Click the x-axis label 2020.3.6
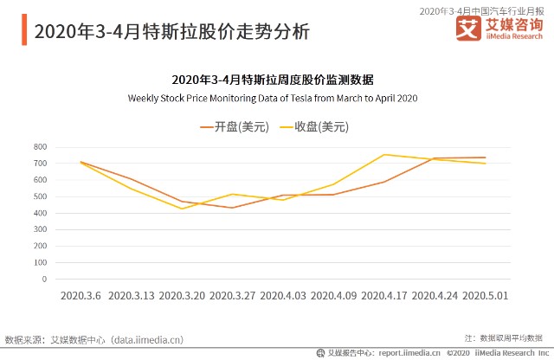pyautogui.click(x=81, y=295)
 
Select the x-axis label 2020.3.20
pyautogui.click(x=182, y=295)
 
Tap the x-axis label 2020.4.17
pyautogui.click(x=383, y=295)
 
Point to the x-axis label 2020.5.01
pyautogui.click(x=485, y=295)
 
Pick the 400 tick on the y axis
pyautogui.click(x=40, y=213)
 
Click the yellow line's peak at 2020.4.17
pyautogui.click(x=383, y=155)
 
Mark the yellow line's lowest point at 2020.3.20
pyautogui.click(x=182, y=209)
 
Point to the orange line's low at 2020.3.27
pyautogui.click(x=232, y=208)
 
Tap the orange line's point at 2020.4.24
pyautogui.click(x=435, y=158)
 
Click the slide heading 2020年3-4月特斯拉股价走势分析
pyautogui.click(x=171, y=32)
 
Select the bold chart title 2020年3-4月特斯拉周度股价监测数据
pyautogui.click(x=273, y=80)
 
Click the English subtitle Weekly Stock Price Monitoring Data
pyautogui.click(x=273, y=98)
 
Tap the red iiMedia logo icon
pyautogui.click(x=468, y=29)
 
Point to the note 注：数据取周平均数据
pyautogui.click(x=503, y=337)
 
